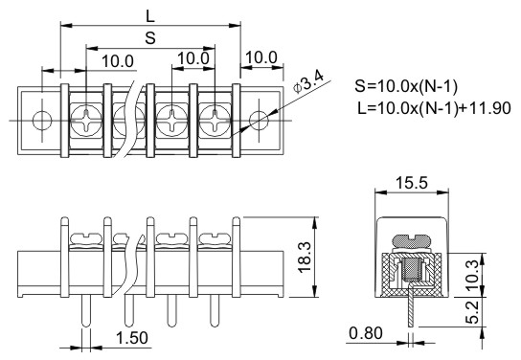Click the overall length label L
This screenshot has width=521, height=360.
150,16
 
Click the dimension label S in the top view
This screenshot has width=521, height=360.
150,38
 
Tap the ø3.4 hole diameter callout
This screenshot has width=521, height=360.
308,82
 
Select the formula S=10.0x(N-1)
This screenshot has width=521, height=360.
406,86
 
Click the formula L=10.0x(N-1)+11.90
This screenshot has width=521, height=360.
434,108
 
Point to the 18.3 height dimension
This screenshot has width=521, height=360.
305,258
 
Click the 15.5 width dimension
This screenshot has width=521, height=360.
412,183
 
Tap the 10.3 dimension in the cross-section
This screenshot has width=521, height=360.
472,273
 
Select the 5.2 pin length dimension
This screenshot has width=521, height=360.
472,312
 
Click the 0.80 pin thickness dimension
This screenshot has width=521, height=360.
366,333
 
